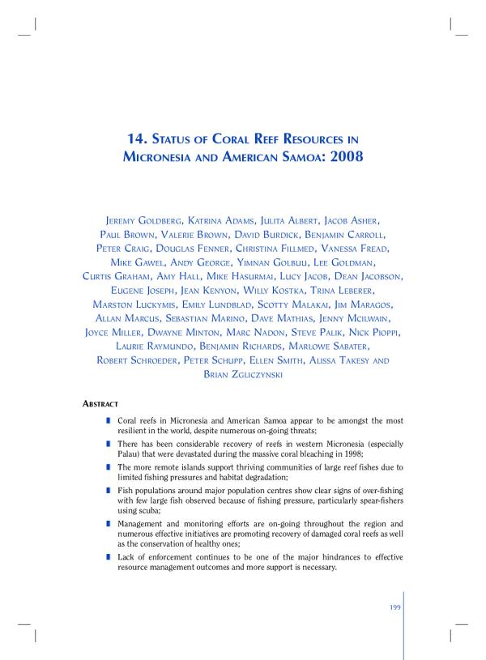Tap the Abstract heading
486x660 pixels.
[101, 403]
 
